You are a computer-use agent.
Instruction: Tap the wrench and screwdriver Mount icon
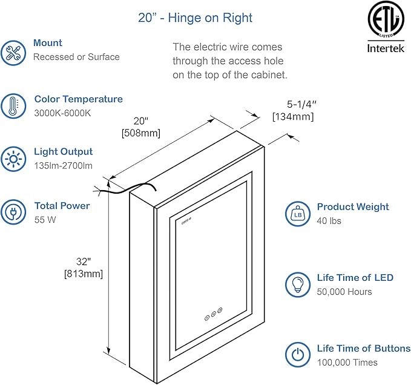tap(13, 52)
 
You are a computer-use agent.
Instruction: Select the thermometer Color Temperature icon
tap(13, 105)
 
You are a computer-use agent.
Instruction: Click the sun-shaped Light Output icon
tap(13, 159)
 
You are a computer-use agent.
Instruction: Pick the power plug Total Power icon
tap(13, 212)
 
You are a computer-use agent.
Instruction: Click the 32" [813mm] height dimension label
tap(83, 268)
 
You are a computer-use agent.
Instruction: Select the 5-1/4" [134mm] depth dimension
tap(293, 111)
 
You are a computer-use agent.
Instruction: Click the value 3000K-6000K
tap(62, 113)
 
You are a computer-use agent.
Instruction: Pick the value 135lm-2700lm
tap(64, 166)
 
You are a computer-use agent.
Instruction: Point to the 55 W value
tap(45, 220)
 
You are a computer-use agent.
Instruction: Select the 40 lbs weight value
tap(329, 221)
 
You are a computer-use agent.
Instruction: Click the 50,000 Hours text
tap(344, 292)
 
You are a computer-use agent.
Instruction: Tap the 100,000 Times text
tap(347, 363)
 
